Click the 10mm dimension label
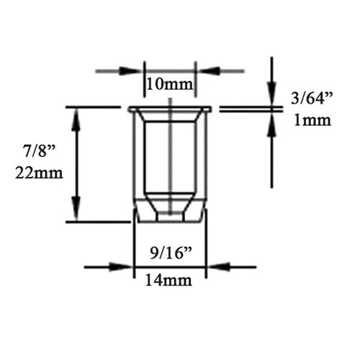[169, 85]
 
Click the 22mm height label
[39, 173]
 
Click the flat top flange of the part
[169, 109]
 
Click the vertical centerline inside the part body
[169, 158]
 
